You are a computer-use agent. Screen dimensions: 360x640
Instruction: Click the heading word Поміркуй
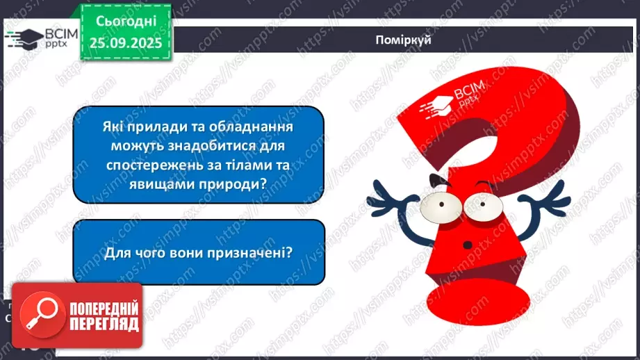[x=402, y=40]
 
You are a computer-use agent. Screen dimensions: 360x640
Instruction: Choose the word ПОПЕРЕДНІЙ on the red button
[x=103, y=308]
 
